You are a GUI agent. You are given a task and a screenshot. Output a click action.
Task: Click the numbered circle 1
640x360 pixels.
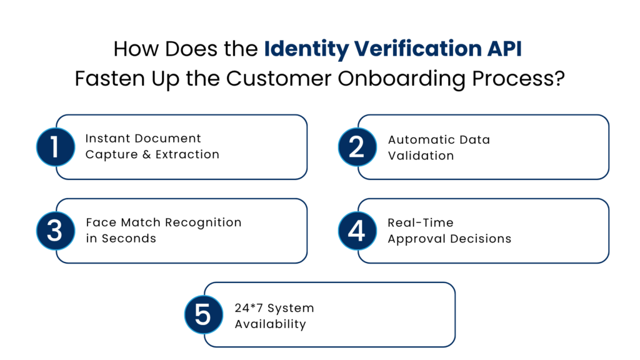56,147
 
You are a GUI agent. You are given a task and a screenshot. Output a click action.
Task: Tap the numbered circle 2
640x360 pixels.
357,147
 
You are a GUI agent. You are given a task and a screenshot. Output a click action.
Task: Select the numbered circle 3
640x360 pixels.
56,231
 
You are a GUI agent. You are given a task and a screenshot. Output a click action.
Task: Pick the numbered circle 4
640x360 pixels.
357,231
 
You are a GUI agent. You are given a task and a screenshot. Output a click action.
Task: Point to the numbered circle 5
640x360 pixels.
204,314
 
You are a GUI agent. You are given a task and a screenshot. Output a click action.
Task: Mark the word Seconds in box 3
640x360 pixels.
129,239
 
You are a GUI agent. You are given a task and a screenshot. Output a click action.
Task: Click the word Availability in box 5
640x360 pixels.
270,324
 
